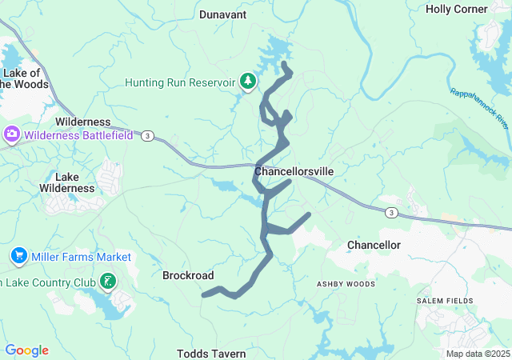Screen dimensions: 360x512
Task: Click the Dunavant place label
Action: (222, 14)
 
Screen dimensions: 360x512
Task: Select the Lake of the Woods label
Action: (26, 78)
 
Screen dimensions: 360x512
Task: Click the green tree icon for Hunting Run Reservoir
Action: (248, 82)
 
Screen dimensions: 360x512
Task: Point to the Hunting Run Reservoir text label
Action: (180, 82)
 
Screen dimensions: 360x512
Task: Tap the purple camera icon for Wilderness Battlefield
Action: (13, 134)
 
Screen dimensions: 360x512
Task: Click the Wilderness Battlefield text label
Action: (78, 135)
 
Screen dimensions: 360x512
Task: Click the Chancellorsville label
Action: (294, 172)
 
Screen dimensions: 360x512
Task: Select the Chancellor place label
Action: (374, 244)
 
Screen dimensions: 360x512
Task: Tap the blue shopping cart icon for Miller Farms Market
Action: (18, 256)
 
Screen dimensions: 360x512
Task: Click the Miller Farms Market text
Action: (81, 257)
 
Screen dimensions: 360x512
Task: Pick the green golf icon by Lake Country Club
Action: (106, 281)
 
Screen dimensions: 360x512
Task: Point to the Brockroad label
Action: (188, 275)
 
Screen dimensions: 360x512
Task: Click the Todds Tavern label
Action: (211, 353)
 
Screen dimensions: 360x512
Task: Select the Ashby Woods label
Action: (346, 284)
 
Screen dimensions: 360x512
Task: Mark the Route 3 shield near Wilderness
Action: (147, 136)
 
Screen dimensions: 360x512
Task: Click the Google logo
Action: (27, 350)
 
